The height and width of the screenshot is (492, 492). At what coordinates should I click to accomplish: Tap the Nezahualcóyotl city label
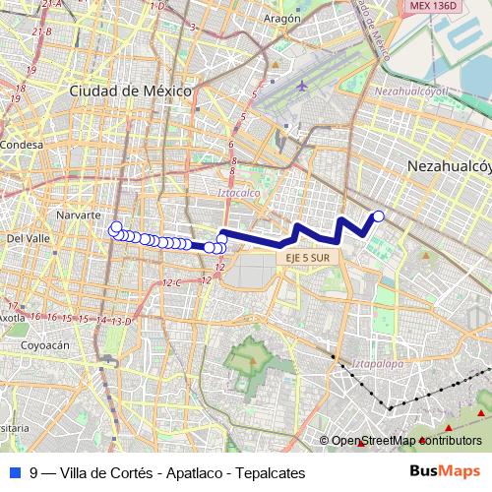pyautogui.click(x=449, y=168)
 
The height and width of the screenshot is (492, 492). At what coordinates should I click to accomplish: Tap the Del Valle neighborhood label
pyautogui.click(x=29, y=238)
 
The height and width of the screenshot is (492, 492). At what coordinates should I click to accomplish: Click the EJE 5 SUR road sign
pyautogui.click(x=308, y=257)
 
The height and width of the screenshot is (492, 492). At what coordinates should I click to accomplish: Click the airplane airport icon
pyautogui.click(x=301, y=85)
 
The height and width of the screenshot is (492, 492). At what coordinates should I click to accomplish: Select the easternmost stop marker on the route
pyautogui.click(x=378, y=216)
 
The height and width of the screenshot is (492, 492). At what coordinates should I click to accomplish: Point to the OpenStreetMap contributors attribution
pyautogui.click(x=405, y=440)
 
